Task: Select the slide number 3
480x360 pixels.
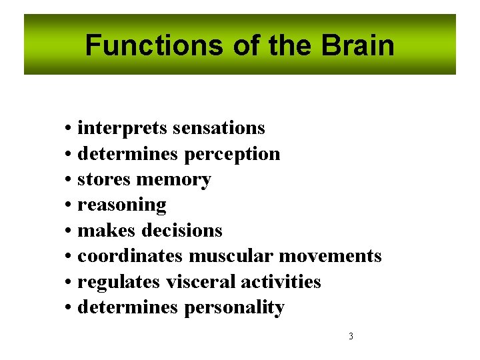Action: pos(351,336)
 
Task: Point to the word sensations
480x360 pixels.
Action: pos(217,128)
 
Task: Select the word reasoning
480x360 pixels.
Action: pos(122,205)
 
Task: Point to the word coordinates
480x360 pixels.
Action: pos(131,256)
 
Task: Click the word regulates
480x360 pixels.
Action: pos(119,282)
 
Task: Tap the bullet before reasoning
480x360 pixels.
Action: pos(69,205)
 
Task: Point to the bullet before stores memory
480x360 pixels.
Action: pos(69,180)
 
